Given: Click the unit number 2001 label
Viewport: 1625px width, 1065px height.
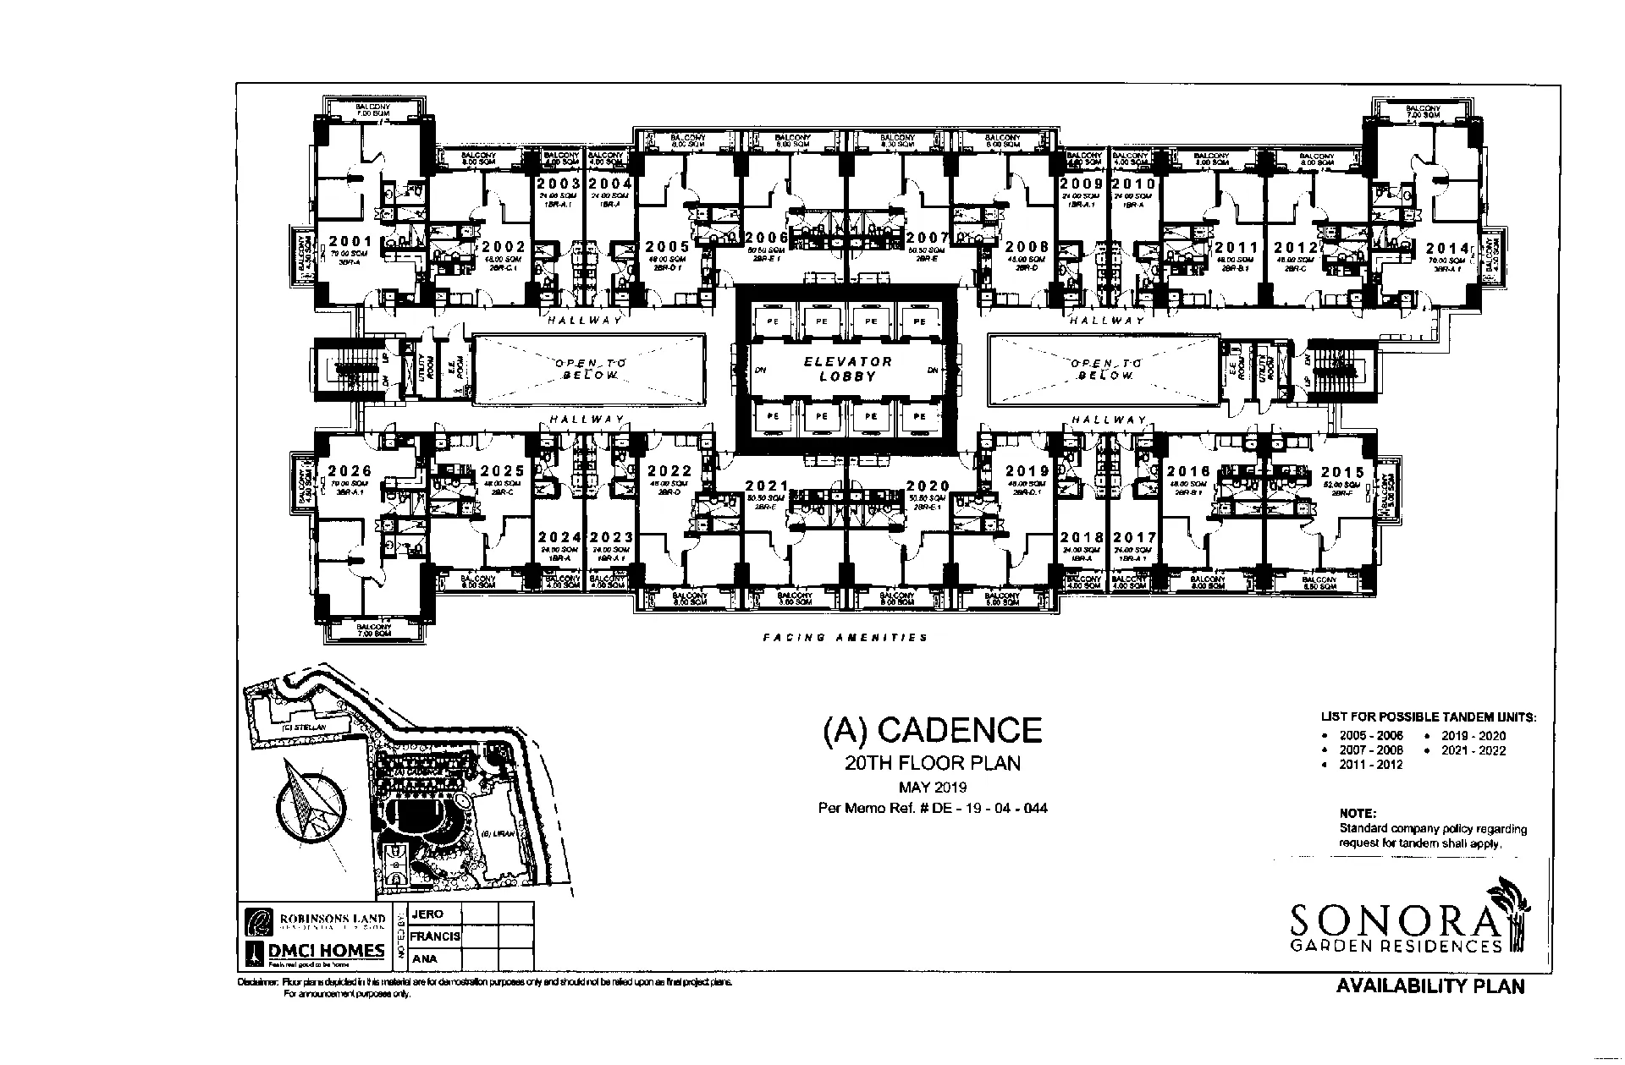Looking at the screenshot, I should (x=350, y=241).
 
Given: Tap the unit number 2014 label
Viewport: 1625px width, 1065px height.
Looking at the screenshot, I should (x=1447, y=248).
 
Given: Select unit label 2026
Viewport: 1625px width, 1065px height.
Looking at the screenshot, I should (x=350, y=471).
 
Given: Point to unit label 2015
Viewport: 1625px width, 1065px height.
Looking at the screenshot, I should (x=1342, y=473).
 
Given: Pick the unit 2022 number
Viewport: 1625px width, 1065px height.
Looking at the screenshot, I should (x=670, y=471).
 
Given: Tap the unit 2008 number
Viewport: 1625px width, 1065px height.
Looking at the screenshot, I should (x=1027, y=247).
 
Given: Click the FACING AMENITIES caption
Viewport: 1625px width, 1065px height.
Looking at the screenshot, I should (x=845, y=637).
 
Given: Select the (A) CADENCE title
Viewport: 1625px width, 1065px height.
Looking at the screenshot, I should (x=932, y=731).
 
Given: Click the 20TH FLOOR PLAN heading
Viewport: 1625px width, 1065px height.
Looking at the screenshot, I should (x=933, y=763).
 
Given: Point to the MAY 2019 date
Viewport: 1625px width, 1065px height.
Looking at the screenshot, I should (x=933, y=788).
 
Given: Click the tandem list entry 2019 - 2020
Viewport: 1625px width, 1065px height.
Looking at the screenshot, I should (x=1474, y=736).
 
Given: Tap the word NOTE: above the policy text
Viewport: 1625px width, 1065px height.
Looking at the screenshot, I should (x=1358, y=814).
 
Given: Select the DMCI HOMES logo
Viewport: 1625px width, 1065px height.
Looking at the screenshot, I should (x=316, y=952).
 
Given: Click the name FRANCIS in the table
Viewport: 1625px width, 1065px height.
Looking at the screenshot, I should (x=435, y=936).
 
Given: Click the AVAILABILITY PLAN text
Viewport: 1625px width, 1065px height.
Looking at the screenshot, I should (x=1430, y=986).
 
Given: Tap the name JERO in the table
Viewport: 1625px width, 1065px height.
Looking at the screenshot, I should (x=427, y=914).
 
